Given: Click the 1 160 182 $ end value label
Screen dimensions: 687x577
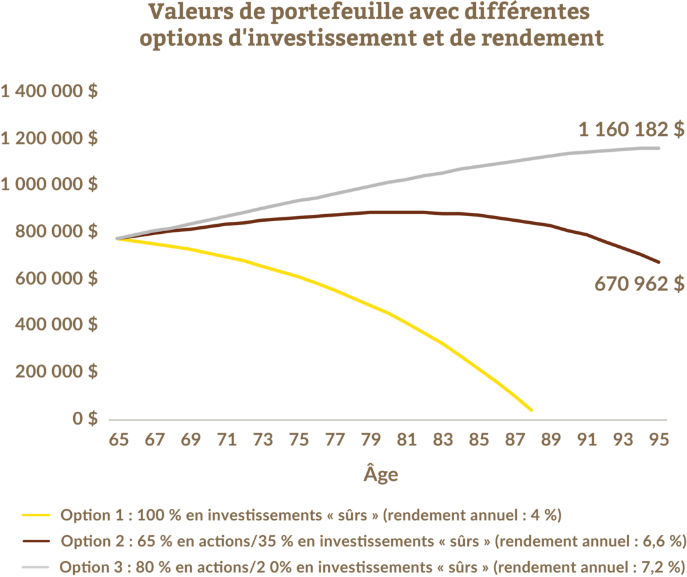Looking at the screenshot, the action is (x=632, y=130).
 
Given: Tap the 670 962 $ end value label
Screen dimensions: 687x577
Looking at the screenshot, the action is (x=639, y=284).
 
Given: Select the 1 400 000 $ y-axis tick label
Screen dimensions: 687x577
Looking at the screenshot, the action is (x=49, y=91).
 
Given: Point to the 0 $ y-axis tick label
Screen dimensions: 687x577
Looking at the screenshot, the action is (x=85, y=419).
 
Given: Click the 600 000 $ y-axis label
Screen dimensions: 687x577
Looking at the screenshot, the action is (x=57, y=278).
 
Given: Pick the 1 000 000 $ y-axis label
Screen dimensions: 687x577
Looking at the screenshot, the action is (x=49, y=184).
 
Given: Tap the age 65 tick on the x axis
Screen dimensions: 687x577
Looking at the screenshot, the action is (x=119, y=439).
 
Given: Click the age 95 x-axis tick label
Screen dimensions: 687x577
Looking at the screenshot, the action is (x=659, y=439).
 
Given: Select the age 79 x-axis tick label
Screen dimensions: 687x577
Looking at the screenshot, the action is (x=371, y=439).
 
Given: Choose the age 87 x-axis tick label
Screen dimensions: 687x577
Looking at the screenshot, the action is (x=515, y=439).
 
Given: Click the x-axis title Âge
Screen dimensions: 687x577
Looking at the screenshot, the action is (x=381, y=473).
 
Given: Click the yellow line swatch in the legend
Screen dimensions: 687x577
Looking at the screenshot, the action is (x=36, y=515).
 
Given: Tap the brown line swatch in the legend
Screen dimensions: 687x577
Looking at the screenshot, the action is (x=36, y=541).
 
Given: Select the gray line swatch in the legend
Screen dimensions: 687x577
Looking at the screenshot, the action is (x=36, y=567).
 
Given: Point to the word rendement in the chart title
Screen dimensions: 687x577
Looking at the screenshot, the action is (x=543, y=37).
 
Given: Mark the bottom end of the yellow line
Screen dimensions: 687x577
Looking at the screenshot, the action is (x=531, y=411).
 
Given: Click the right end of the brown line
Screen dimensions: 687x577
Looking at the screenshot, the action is (x=659, y=262).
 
